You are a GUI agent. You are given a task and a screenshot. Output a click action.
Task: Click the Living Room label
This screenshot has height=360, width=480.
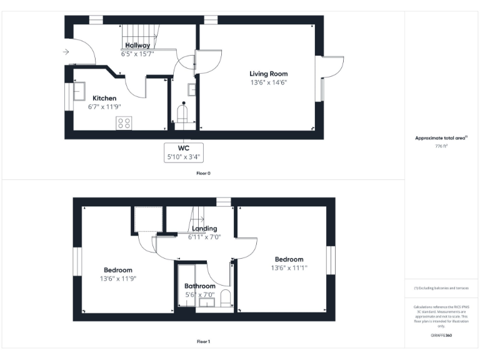(269, 74)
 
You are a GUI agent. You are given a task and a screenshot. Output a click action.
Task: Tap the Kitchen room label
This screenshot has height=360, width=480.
(104, 98)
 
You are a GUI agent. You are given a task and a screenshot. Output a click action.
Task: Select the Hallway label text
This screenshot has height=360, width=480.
(137, 46)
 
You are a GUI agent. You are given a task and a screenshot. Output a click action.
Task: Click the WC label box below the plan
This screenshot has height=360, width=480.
(184, 152)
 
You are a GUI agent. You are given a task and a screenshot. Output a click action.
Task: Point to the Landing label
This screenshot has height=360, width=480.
(204, 229)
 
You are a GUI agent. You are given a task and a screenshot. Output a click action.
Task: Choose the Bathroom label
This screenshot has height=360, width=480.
(200, 286)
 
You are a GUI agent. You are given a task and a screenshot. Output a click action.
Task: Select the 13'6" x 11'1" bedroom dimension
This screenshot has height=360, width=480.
(289, 268)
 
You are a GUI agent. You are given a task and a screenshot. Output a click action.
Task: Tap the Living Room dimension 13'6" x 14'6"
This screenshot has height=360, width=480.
(269, 82)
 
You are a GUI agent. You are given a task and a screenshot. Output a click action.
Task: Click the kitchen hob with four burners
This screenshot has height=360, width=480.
(124, 123)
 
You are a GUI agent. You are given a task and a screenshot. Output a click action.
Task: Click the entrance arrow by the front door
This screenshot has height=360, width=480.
(66, 52)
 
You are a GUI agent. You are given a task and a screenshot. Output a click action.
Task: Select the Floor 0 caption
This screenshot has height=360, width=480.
(204, 172)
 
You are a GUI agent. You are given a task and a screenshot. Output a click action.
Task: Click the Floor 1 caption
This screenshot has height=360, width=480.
(204, 342)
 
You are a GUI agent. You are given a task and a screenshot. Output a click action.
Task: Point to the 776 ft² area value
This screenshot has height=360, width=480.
(441, 146)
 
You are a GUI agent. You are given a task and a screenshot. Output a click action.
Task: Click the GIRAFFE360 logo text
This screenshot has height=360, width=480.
(441, 336)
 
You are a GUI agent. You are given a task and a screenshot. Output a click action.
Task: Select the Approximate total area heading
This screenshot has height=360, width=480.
(441, 138)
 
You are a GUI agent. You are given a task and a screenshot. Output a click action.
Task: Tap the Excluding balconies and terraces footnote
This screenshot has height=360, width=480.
(441, 288)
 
